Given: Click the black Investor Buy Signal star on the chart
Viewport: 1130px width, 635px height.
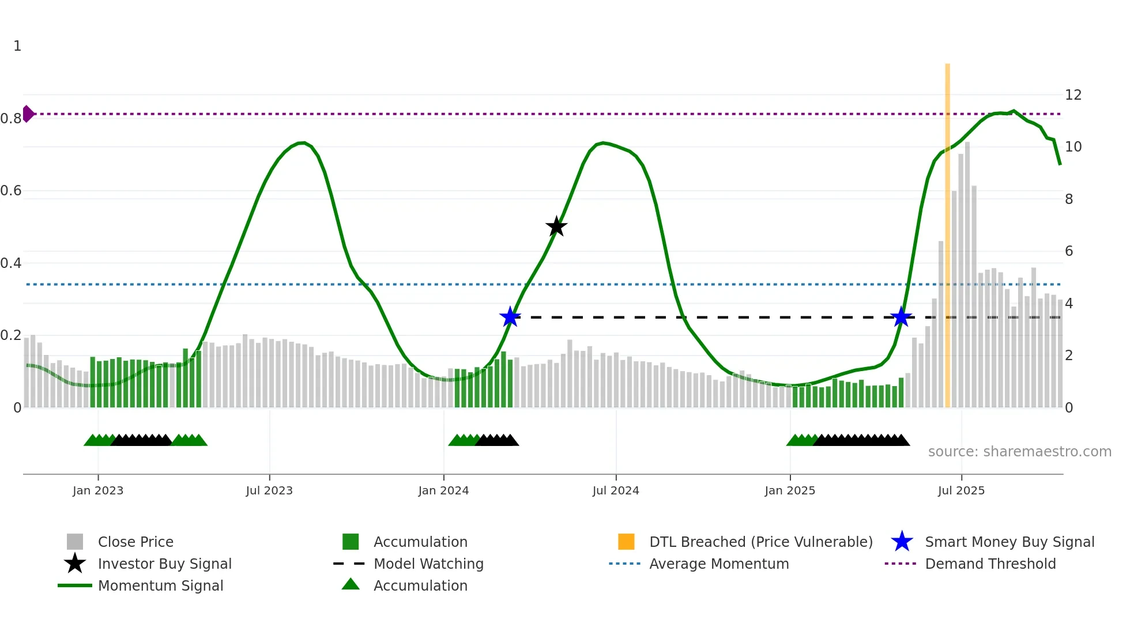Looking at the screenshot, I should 556,227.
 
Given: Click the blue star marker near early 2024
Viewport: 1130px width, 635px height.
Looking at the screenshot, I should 510,317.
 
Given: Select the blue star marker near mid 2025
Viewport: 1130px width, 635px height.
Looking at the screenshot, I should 901,317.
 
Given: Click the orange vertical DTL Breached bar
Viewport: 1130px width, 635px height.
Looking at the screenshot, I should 947,230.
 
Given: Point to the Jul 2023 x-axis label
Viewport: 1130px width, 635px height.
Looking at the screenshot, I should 269,490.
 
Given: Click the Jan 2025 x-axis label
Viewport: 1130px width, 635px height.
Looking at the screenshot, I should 790,490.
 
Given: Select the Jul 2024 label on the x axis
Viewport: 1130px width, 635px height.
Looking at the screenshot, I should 616,490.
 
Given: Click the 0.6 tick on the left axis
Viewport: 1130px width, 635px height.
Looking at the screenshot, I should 11,191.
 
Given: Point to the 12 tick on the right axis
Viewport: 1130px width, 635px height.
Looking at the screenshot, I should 1073,95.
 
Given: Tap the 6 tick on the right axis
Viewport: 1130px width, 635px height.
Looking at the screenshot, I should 1069,251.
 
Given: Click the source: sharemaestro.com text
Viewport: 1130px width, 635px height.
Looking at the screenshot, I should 1019,452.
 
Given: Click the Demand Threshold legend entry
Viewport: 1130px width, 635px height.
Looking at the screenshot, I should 990,564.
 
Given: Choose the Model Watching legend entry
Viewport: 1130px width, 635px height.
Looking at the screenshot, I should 428,564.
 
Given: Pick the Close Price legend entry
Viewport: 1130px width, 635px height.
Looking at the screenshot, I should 135,542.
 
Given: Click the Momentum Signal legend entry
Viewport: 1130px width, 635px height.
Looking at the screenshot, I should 160,586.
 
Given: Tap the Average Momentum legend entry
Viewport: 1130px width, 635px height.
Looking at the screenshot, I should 718,564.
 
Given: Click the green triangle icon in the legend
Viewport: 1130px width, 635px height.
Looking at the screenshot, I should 351,585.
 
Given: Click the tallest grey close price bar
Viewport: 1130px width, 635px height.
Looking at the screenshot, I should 967,277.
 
